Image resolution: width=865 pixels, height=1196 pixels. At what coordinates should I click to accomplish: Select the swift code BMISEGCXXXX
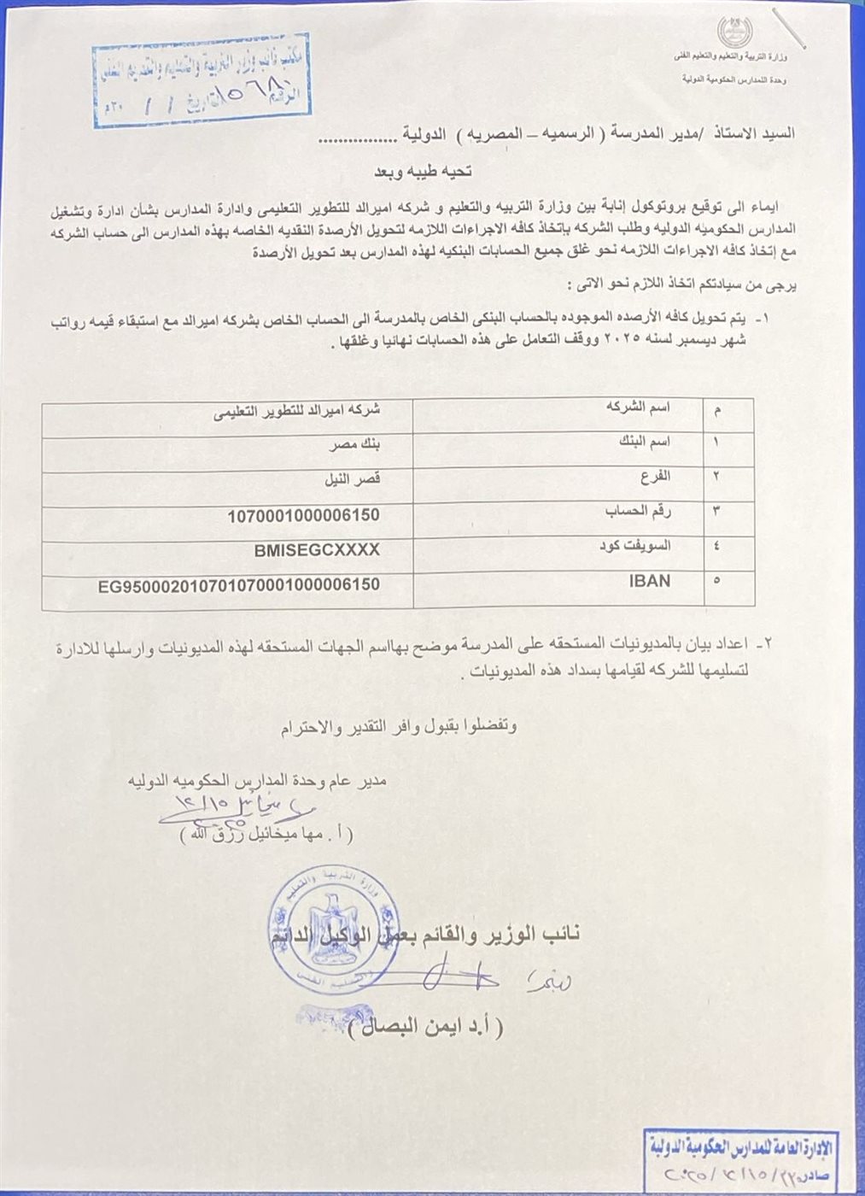coord(316,551)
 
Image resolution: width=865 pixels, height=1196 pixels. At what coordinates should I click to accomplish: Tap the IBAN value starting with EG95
coord(239,585)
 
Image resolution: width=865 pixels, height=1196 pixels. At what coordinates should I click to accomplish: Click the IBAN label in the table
coord(650,581)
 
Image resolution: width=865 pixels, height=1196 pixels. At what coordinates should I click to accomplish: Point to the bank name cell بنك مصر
coord(354,445)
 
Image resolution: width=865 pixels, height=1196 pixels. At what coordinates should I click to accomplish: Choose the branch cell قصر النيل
coord(352,480)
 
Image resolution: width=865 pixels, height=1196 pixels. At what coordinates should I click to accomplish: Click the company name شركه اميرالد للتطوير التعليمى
coord(296,410)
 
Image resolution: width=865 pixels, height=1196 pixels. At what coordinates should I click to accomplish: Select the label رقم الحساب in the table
coord(638,512)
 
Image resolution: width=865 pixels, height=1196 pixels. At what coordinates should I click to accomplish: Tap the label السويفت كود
coord(634,546)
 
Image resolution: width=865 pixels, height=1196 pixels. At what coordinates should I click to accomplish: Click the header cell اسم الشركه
coord(638,407)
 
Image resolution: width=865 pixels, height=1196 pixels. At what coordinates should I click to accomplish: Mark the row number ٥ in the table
coord(716,582)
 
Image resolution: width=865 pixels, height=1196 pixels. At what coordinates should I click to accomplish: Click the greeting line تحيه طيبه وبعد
coord(423,172)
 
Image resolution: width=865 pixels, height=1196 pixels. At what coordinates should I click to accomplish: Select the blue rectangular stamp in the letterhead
coord(201,79)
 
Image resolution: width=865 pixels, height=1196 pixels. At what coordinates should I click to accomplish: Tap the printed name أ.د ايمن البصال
coord(425,1027)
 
